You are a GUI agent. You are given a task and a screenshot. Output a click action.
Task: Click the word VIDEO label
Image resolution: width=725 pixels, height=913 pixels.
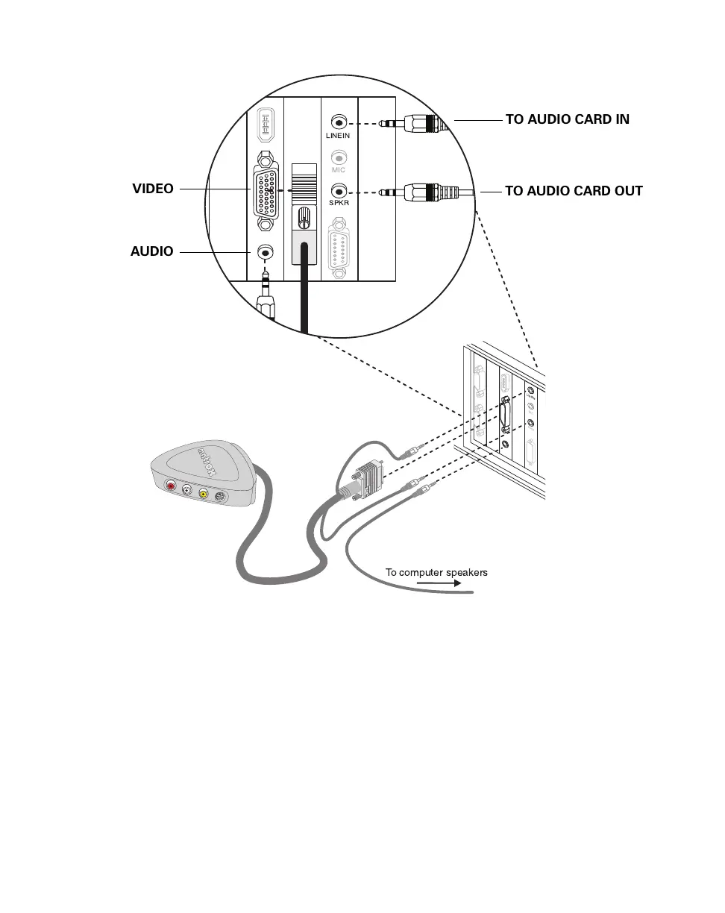(x=153, y=189)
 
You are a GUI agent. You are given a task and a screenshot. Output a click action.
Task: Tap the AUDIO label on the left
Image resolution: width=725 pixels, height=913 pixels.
(x=152, y=251)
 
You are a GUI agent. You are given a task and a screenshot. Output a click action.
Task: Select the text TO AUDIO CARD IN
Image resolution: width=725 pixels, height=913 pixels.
(x=567, y=119)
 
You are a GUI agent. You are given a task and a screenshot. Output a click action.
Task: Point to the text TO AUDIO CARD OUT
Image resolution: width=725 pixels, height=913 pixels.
(x=574, y=191)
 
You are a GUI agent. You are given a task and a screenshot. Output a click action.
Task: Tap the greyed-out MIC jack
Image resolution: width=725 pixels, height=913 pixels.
(x=339, y=157)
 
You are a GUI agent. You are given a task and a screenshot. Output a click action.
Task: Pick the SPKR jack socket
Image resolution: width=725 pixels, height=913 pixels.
(x=339, y=191)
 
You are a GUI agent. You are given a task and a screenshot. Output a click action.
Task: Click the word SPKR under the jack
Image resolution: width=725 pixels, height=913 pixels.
(x=339, y=204)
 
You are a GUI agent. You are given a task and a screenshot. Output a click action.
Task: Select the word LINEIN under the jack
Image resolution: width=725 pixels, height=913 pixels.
(x=338, y=136)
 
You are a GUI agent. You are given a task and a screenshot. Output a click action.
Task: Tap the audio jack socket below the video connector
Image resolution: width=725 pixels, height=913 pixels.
(x=265, y=254)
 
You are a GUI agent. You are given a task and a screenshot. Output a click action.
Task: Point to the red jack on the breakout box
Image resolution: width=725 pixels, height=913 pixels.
(x=172, y=486)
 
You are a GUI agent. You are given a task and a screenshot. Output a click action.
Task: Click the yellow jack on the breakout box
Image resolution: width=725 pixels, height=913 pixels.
(x=203, y=492)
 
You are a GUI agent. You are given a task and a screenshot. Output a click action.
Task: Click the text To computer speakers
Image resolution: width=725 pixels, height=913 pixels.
(x=436, y=573)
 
